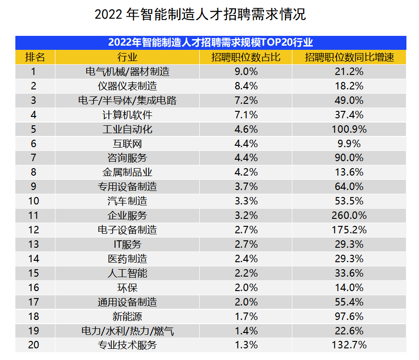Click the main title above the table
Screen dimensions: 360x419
pos(200,14)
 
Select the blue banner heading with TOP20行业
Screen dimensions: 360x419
pos(210,42)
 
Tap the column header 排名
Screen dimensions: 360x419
pos(35,57)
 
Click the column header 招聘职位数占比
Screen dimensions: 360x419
pos(245,57)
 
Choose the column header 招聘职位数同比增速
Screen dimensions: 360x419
pos(349,57)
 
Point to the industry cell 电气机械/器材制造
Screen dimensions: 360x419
pos(127,72)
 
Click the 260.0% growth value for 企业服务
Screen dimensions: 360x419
pos(349,216)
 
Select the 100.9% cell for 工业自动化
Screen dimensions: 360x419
pos(349,129)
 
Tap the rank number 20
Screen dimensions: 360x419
pos(34,345)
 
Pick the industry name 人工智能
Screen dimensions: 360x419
pos(127,273)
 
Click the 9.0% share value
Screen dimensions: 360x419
pos(245,72)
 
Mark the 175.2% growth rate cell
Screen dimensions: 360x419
pos(349,230)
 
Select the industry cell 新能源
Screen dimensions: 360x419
pos(127,316)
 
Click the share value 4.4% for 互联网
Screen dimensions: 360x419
pos(245,143)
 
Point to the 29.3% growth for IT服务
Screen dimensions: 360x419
pos(349,245)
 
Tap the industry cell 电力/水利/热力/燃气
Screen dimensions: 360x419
pos(127,331)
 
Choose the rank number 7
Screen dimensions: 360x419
pos(34,158)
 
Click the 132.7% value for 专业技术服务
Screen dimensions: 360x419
pos(349,345)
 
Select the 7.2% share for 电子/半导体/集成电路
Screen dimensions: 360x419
pos(245,101)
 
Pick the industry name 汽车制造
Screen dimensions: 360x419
pos(127,201)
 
